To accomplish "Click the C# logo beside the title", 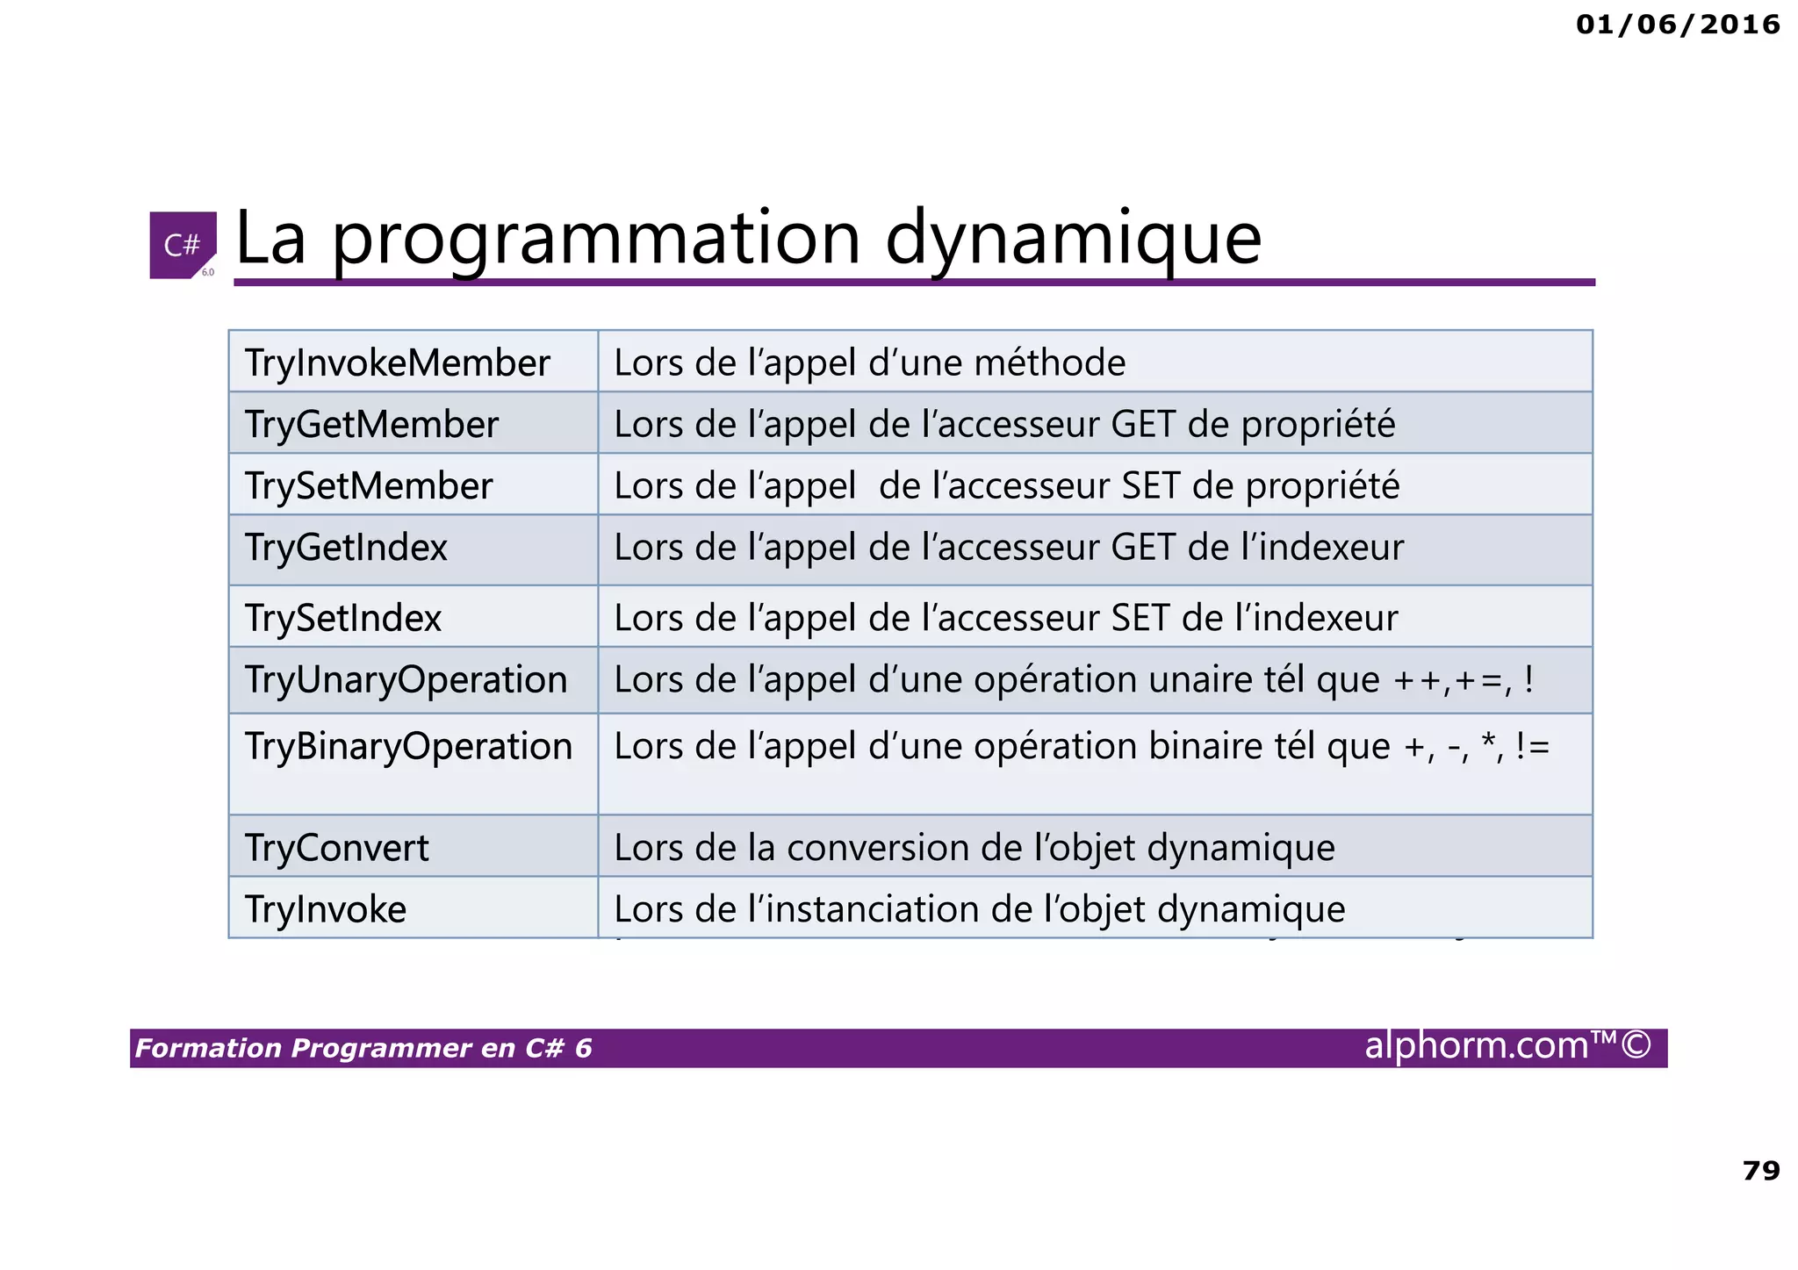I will [183, 245].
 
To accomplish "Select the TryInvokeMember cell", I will [398, 362].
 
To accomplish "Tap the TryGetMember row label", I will [371, 425].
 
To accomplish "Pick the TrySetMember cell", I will [369, 486].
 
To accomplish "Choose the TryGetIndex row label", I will [346, 548].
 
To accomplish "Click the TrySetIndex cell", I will [343, 618].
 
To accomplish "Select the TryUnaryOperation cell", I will [406, 680].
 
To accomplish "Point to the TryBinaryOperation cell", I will [408, 747].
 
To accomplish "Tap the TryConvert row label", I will [337, 848].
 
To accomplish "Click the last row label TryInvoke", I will [326, 909].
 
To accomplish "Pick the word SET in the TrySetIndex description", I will [1140, 618].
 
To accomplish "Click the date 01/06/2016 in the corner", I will [1678, 25].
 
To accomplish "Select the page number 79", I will [1760, 1171].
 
